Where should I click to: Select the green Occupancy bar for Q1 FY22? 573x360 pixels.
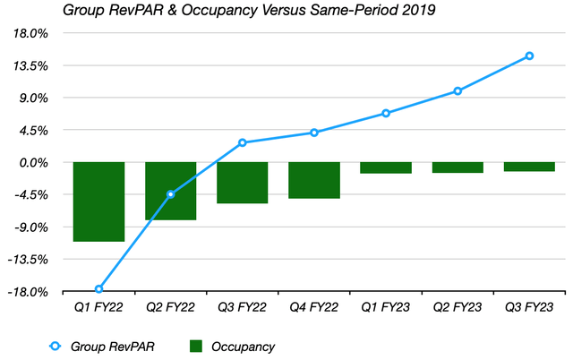click(98, 201)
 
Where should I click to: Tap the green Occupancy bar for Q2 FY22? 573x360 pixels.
click(170, 191)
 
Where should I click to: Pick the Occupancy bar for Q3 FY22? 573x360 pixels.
click(242, 183)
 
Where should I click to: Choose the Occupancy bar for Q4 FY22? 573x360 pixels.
click(313, 180)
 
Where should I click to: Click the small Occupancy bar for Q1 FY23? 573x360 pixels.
click(385, 167)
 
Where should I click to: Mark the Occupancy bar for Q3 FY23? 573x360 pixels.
click(529, 167)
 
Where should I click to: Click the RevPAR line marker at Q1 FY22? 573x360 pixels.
click(98, 289)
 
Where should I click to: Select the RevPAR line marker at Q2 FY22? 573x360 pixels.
click(170, 194)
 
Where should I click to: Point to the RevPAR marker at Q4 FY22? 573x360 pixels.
click(313, 133)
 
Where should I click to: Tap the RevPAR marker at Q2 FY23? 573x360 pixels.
click(458, 90)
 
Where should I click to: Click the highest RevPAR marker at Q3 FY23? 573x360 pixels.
click(529, 56)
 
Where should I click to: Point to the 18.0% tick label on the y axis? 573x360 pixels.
click(32, 34)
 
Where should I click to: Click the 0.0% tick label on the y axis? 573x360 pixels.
click(35, 163)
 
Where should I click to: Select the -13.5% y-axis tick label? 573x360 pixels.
click(30, 260)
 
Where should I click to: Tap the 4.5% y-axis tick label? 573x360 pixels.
click(35, 131)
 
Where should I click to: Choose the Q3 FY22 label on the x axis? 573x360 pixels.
click(242, 307)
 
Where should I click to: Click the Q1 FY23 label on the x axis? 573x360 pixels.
click(385, 307)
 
